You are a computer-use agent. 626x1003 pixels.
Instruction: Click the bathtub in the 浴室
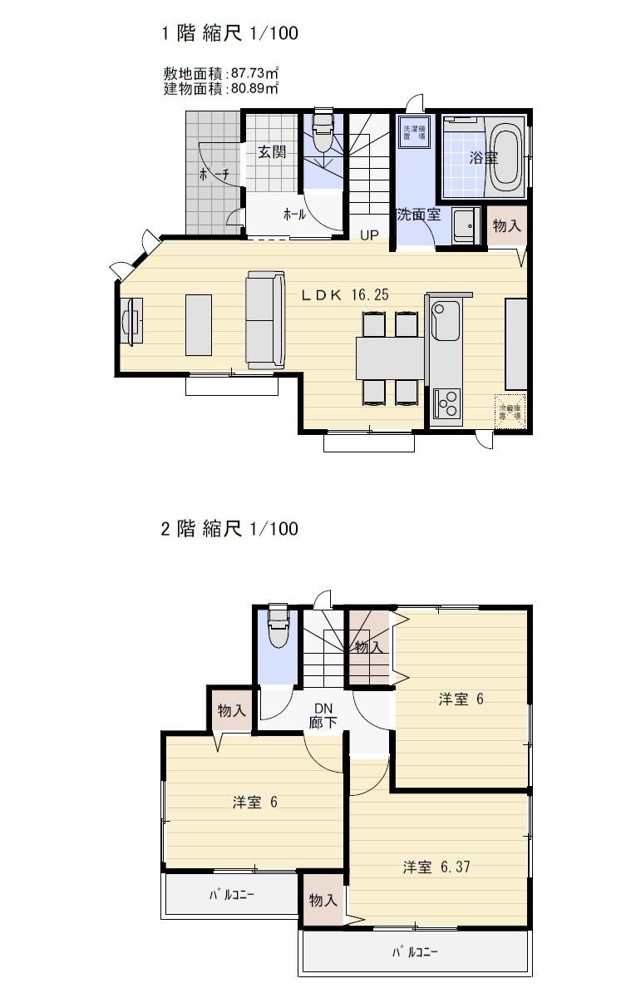506,156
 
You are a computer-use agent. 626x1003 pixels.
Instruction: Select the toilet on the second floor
278,630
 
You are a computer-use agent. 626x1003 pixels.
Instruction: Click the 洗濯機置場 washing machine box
414,132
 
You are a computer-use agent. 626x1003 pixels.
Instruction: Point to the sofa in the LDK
265,319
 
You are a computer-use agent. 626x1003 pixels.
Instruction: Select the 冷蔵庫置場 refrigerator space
509,411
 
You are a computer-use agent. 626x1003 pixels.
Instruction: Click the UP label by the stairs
369,235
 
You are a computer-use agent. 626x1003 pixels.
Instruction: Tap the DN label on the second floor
323,709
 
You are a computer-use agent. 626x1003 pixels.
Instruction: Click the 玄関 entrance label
271,152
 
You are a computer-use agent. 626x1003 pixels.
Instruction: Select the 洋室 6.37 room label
436,867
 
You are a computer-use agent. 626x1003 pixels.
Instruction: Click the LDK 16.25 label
345,294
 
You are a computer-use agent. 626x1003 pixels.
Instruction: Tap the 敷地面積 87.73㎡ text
220,74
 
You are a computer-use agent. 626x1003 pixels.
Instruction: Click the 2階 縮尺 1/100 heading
229,528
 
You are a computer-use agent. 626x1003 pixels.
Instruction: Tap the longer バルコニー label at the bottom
415,952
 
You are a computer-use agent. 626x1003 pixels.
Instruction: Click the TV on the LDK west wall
131,321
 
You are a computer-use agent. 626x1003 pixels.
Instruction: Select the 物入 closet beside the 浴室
506,225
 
